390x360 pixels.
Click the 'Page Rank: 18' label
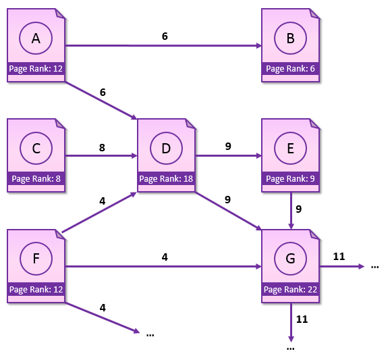[x=166, y=179]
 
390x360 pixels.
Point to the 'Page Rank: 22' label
[x=290, y=290]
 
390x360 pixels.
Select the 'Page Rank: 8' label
[x=36, y=179]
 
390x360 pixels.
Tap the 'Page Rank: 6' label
[x=290, y=69]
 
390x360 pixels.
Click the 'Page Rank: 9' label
[x=290, y=179]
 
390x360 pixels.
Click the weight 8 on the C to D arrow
[x=102, y=147]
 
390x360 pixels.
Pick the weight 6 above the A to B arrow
[x=165, y=36]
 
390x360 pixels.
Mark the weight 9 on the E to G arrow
[x=299, y=209]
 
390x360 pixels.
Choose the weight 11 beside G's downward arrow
[x=302, y=319]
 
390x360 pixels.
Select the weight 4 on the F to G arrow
[x=165, y=257]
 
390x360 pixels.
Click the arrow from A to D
[x=101, y=101]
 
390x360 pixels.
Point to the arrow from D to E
[x=228, y=156]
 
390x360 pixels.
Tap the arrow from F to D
[x=99, y=212]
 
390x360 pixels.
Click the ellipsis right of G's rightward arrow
[x=374, y=267]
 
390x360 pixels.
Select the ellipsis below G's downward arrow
[x=291, y=349]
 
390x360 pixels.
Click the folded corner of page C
[x=61, y=124]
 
